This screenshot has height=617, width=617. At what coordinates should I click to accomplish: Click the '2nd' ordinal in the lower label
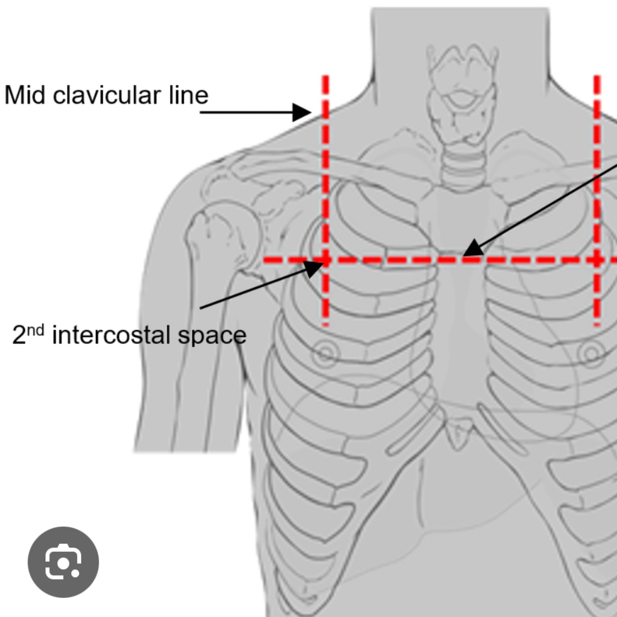pos(28,334)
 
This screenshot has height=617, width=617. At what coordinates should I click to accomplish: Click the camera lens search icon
pos(63,562)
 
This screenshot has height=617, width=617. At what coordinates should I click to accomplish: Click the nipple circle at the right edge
pos(593,354)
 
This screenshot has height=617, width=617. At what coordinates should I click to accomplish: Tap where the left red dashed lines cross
pos(326,260)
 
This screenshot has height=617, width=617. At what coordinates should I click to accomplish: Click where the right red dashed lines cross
pos(597,260)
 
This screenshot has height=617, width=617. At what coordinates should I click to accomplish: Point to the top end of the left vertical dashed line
pos(326,78)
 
